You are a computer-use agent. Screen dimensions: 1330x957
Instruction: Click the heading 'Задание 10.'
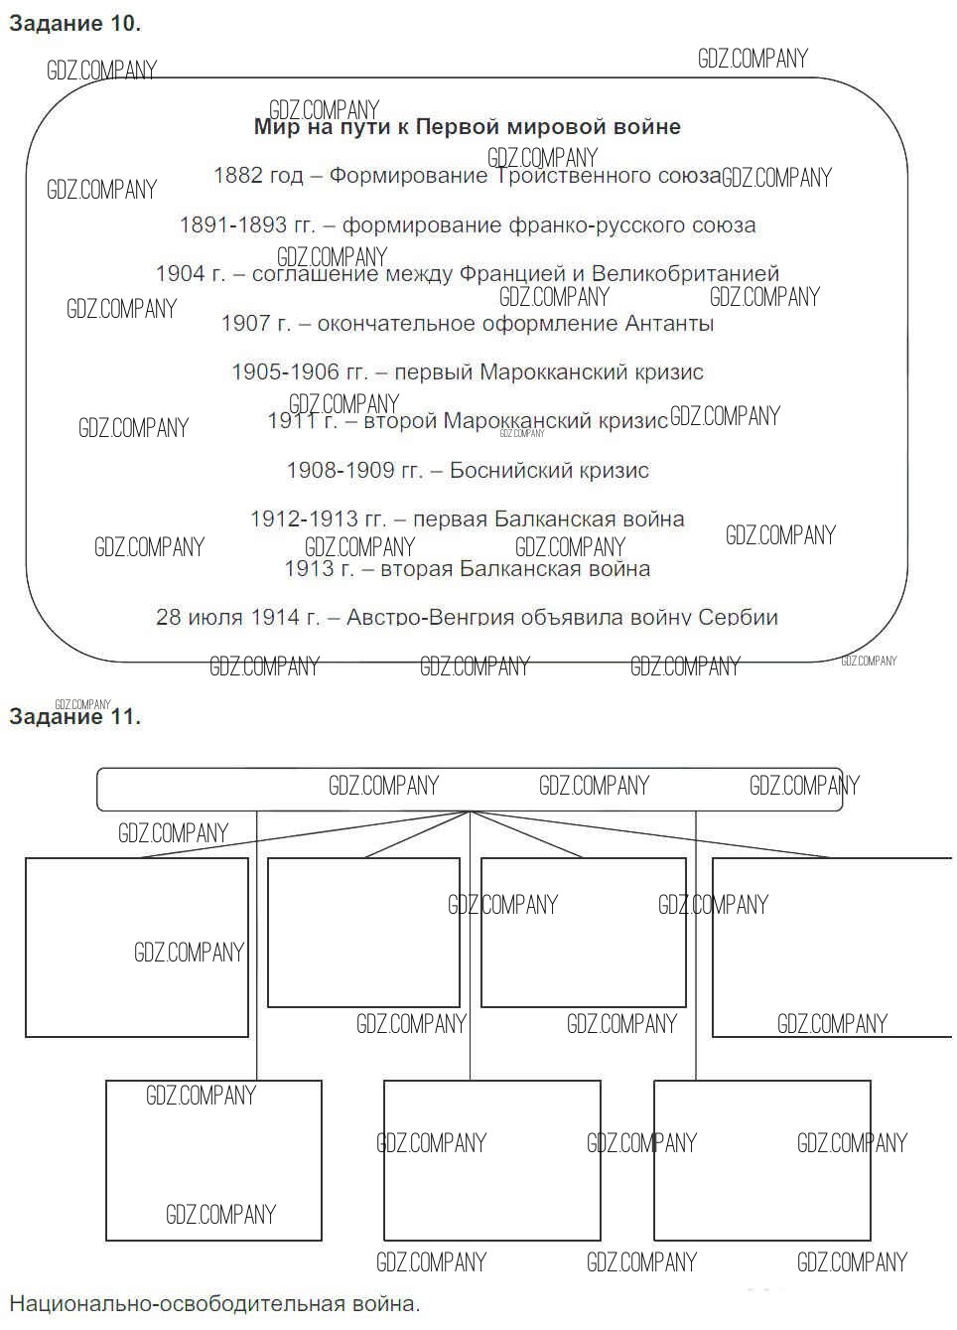click(74, 24)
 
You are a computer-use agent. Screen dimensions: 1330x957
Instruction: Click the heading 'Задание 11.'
click(74, 716)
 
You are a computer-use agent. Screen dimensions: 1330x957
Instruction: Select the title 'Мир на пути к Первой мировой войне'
click(467, 127)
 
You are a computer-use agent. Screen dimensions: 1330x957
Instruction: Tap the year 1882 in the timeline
click(237, 176)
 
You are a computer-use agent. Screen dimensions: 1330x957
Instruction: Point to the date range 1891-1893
click(232, 225)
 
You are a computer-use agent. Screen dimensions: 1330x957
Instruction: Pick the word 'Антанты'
click(669, 323)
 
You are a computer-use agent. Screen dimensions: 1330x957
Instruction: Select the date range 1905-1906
click(285, 372)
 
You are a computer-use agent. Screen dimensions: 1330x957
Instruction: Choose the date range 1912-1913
click(303, 518)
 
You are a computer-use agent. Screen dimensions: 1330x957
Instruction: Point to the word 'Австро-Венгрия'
click(419, 617)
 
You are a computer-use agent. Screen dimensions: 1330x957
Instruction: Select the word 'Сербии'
click(738, 617)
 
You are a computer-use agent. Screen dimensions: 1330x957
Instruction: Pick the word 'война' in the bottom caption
click(381, 1304)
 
